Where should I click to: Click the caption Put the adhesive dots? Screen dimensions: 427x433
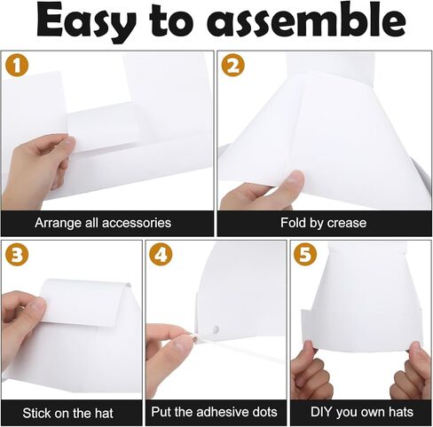tap(216, 412)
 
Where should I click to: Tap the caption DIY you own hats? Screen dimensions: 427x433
tap(359, 412)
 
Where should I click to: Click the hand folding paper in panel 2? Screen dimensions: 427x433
tap(262, 191)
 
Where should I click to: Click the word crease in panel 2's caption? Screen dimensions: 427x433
tap(346, 222)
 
